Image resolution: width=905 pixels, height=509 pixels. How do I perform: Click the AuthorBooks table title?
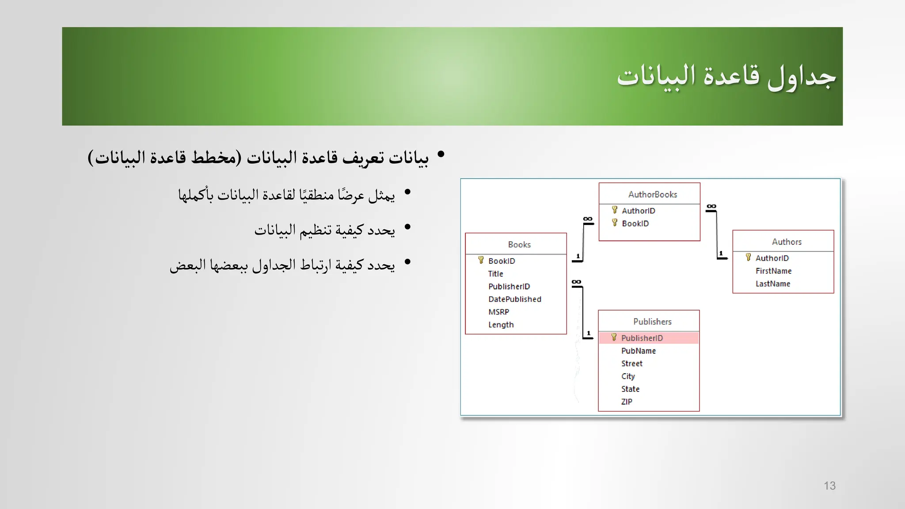(652, 194)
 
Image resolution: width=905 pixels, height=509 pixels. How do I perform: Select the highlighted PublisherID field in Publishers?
(642, 338)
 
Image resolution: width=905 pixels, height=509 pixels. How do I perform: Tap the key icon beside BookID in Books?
(481, 260)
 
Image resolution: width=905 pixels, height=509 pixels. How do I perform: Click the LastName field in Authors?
(772, 284)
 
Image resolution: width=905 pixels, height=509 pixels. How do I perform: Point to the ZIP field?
(627, 402)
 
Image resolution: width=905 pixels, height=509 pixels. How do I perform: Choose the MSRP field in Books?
(498, 312)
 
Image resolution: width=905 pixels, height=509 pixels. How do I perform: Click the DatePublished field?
(514, 299)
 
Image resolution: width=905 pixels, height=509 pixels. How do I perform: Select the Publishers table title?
(652, 322)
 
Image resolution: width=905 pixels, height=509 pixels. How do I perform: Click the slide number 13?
(829, 486)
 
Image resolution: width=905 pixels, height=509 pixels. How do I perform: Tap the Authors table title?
(787, 242)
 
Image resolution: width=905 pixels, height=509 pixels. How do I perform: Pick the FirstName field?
(773, 271)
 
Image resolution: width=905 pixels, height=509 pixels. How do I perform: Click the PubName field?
(638, 351)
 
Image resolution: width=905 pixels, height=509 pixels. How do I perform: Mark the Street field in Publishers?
(631, 364)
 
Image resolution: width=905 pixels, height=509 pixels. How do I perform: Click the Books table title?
(519, 244)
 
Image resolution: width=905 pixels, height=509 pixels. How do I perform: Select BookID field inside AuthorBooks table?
(635, 224)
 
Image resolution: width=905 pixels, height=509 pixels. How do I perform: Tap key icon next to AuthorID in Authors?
(748, 257)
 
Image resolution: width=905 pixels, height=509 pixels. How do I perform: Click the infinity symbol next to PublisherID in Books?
(576, 282)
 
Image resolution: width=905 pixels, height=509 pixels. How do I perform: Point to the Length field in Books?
(501, 325)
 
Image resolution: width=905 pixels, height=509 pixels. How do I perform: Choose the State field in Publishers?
(630, 389)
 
